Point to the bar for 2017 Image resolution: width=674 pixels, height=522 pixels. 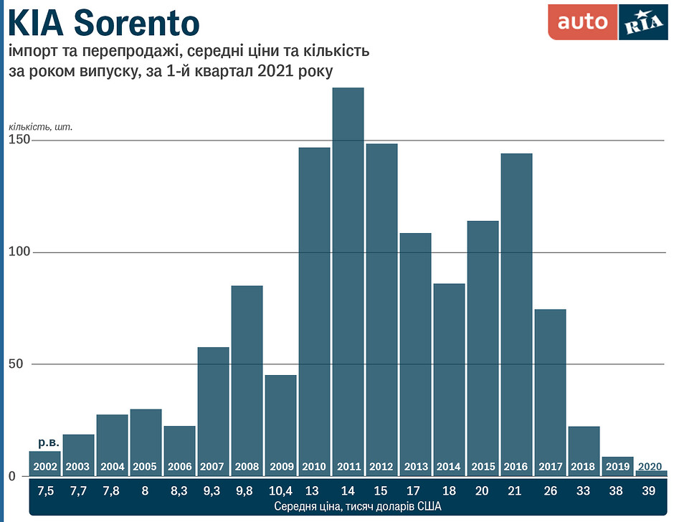550,387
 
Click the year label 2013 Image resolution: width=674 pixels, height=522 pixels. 416,467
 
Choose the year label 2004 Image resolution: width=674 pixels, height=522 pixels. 112,467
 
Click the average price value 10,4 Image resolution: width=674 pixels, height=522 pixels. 280,490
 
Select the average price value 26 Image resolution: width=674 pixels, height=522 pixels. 550,490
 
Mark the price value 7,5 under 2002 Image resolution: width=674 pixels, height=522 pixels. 44,490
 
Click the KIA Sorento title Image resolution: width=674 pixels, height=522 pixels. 103,23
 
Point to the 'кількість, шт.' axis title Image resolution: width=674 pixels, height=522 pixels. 40,126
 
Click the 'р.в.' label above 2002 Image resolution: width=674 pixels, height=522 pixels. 44,442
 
